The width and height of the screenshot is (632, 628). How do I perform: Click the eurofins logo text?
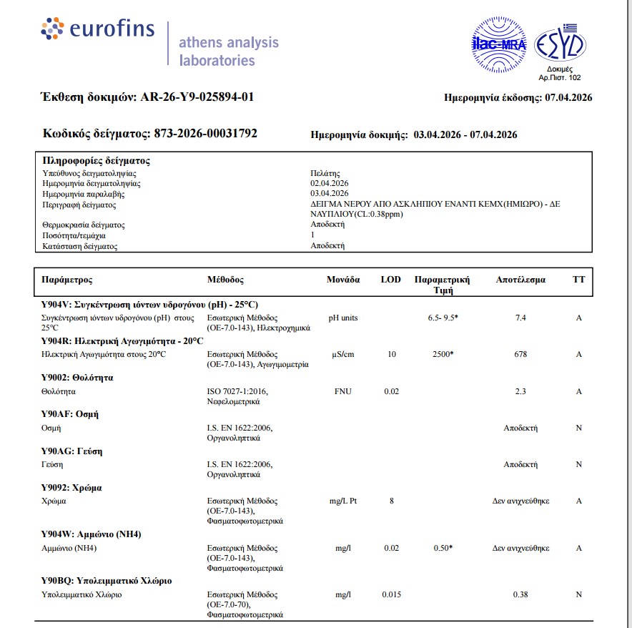coord(112,29)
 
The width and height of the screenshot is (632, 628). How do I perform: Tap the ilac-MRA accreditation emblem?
coord(499,44)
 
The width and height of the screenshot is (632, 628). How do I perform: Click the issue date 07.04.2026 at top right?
coord(568,97)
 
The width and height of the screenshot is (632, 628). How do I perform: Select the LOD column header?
coord(391,280)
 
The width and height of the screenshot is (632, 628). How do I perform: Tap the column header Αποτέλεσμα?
coord(520,280)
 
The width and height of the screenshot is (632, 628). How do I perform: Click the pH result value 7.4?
coord(520,318)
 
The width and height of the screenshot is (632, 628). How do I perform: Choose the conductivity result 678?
coord(520,354)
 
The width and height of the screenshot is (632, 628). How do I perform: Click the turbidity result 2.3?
coord(520,391)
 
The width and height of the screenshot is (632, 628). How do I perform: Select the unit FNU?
coord(343,391)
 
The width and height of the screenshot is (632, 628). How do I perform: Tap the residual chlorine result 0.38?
coord(520,594)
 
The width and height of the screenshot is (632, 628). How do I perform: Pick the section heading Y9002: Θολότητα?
coord(77,378)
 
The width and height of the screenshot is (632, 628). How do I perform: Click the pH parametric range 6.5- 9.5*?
coord(443,318)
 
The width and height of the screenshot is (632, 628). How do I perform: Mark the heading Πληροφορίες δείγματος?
coord(96,161)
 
